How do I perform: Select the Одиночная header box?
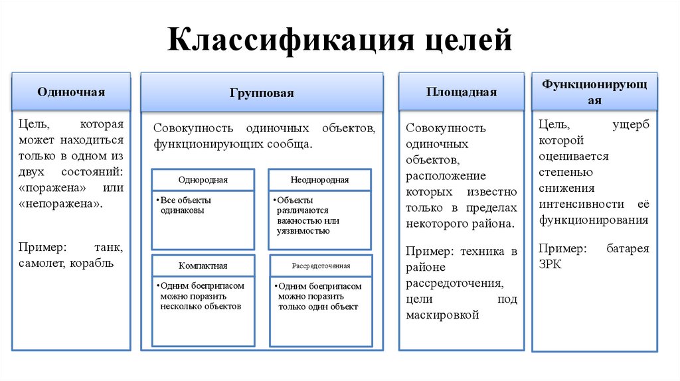(x=71, y=92)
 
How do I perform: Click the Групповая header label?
(x=262, y=94)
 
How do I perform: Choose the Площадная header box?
(x=462, y=92)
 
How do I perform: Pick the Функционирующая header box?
(x=594, y=92)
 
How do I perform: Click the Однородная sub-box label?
(x=203, y=180)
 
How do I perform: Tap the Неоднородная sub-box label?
(x=319, y=180)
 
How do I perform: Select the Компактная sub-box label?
(x=203, y=266)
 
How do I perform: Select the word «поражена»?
(x=50, y=188)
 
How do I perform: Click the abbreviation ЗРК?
(x=551, y=264)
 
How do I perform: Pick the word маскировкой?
(x=442, y=315)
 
